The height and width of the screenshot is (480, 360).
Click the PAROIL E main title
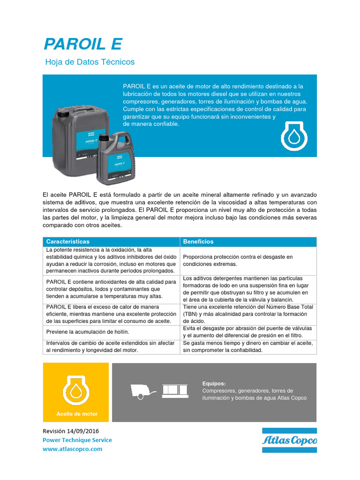point(82,44)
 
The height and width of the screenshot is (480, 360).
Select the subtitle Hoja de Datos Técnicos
point(90,62)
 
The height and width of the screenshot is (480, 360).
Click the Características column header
point(67,241)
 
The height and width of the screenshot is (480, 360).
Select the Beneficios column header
point(198,241)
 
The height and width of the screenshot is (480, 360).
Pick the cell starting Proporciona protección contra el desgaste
point(238,260)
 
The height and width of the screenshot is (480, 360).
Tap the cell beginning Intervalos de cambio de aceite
point(111,347)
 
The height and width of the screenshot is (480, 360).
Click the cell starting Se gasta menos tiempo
point(248,347)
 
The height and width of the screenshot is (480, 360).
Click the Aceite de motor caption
point(77,414)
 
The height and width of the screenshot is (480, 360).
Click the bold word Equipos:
point(214,383)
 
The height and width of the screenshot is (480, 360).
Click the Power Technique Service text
point(77,440)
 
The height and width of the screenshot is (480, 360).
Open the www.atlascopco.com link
point(72,449)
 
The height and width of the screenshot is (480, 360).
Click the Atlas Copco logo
point(289,440)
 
